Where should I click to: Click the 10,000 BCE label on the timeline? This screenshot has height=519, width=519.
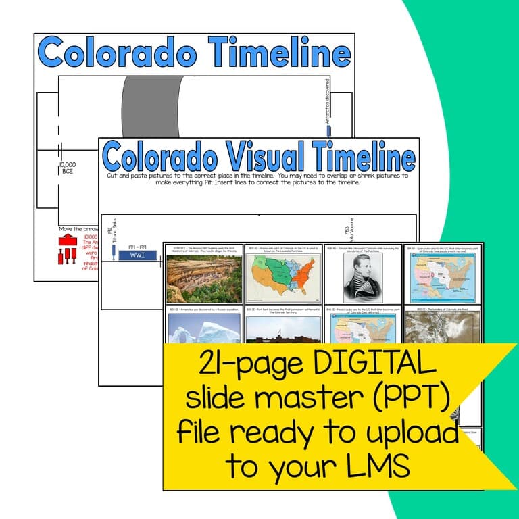tap(67, 168)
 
